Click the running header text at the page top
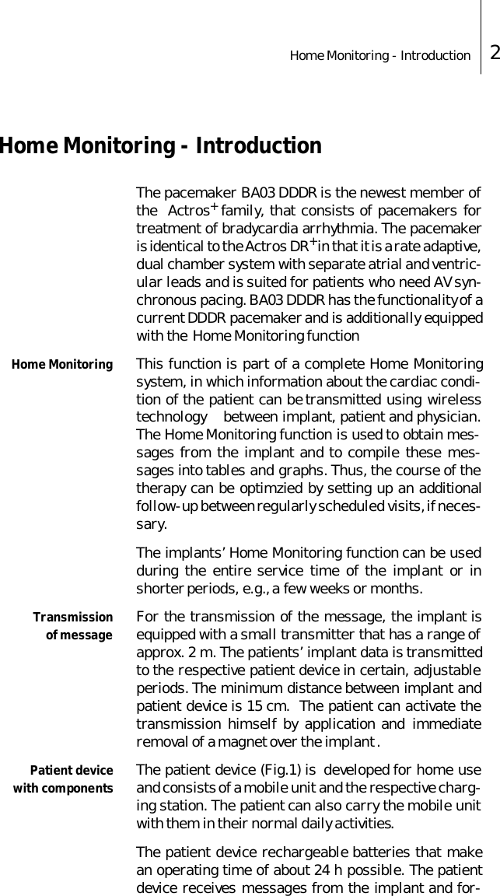tap(379, 55)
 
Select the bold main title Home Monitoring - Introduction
tap(160, 146)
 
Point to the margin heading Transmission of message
tap(73, 627)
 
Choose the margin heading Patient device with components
tap(64, 780)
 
